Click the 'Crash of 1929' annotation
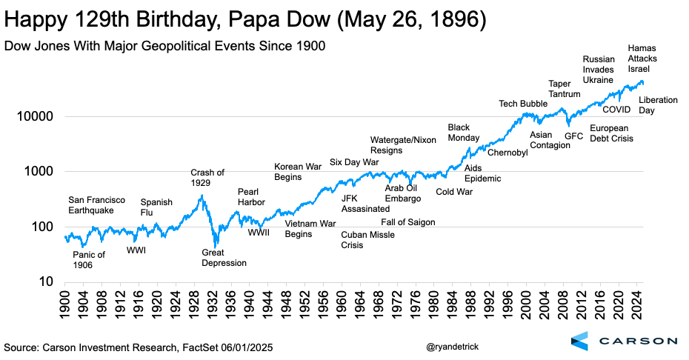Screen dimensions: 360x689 [207, 178]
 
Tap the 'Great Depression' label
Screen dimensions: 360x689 [224, 258]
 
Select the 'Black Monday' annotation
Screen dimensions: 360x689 [464, 133]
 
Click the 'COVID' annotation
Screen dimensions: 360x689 [616, 110]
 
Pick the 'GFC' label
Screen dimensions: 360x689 [573, 136]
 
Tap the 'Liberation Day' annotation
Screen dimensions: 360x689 [658, 105]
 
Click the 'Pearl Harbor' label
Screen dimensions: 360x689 [250, 197]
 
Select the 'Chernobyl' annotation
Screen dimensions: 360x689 [507, 153]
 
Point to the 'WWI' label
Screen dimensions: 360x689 [136, 250]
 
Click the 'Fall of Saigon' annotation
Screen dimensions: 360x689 [408, 222]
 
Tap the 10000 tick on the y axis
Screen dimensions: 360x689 [34, 116]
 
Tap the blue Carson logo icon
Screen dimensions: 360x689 [581, 341]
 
